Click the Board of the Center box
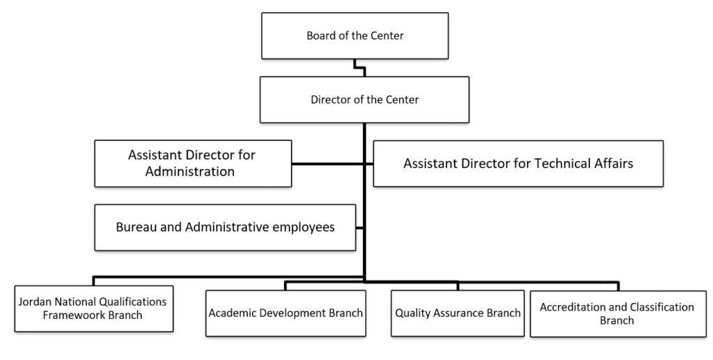tap(354, 36)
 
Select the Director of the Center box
tap(364, 100)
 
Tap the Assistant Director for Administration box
tap(193, 163)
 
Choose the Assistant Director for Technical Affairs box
tap(518, 163)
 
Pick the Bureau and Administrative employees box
tap(225, 227)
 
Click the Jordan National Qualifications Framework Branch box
tap(94, 308)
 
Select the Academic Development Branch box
tap(285, 313)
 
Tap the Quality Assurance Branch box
tap(457, 313)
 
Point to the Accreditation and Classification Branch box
tap(618, 313)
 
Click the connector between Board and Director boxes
tap(360, 68)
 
